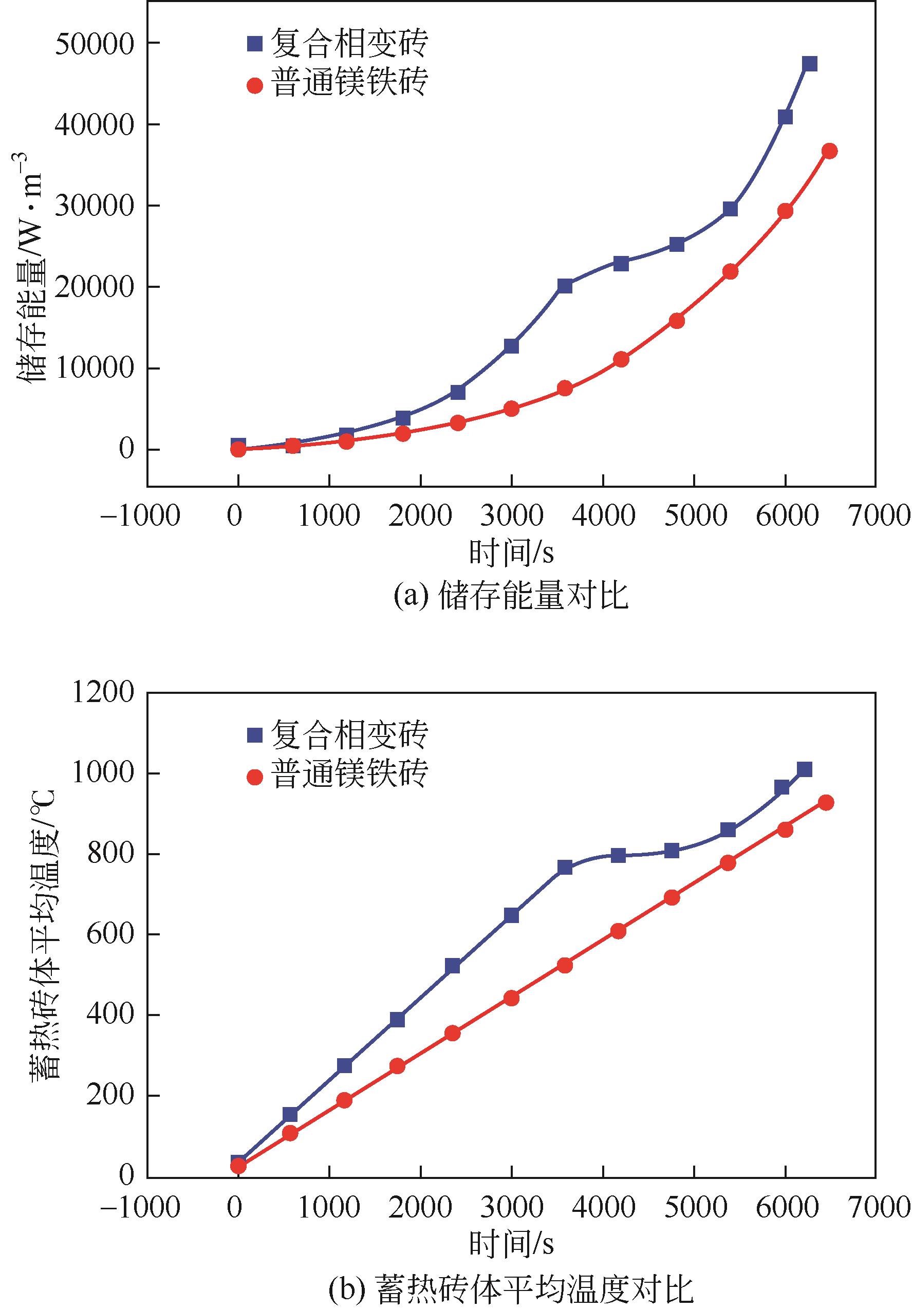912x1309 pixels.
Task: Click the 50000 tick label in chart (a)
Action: pos(94,44)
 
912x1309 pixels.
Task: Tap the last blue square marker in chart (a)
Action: pos(809,63)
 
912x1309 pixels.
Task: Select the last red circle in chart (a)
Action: pos(830,151)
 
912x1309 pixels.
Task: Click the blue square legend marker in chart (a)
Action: pos(254,44)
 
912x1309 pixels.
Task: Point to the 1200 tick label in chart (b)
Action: pos(103,693)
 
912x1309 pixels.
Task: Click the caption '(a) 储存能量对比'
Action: pos(511,597)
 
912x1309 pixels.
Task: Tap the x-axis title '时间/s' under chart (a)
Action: pos(511,552)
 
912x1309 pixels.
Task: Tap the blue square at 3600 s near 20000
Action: pos(565,286)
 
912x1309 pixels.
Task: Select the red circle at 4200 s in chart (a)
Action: pos(621,359)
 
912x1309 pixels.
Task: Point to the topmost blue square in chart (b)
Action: pos(804,770)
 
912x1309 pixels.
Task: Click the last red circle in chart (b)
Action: pos(826,803)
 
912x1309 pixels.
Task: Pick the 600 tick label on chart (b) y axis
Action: pos(110,935)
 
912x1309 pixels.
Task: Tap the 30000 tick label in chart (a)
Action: pos(94,206)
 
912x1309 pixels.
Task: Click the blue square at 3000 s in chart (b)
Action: pos(511,916)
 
